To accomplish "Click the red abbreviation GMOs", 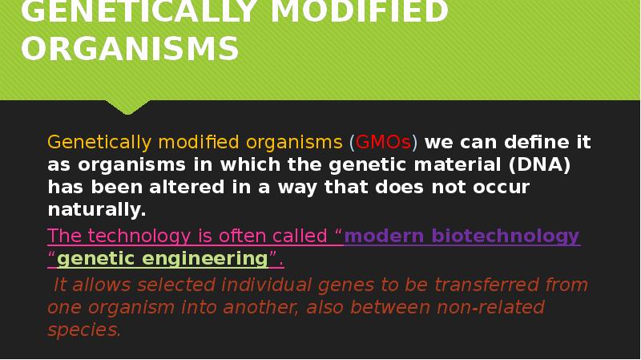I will (x=383, y=143).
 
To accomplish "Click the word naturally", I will (x=96, y=210).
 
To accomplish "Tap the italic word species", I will (x=84, y=330).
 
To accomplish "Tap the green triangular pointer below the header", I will (x=127, y=106).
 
